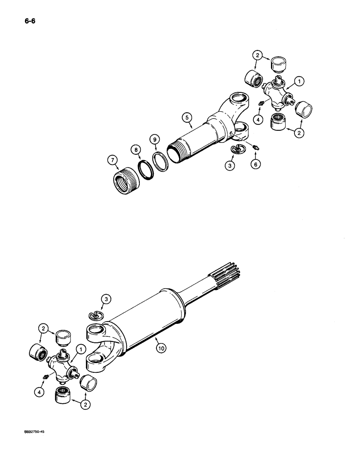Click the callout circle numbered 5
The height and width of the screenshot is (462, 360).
186,118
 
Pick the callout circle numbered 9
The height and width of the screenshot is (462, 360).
155,139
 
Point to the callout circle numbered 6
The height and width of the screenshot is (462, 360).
255,164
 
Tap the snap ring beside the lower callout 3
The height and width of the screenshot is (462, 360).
96,315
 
